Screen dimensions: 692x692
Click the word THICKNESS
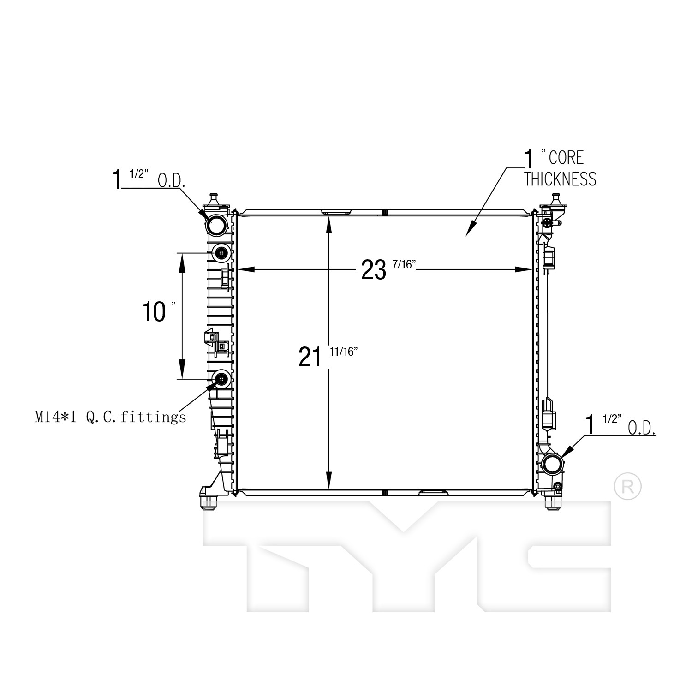point(560,179)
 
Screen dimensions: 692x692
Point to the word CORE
point(566,158)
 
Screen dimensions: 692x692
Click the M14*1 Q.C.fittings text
point(110,418)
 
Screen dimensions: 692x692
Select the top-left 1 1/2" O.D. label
point(148,179)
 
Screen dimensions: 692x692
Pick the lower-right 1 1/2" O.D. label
point(620,424)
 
